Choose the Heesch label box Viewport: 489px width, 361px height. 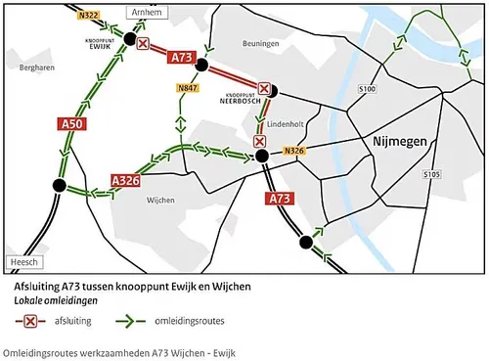pyautogui.click(x=22, y=262)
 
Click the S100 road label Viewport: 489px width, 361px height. pyautogui.click(x=367, y=89)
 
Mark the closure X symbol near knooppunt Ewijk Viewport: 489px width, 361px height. pyautogui.click(x=143, y=45)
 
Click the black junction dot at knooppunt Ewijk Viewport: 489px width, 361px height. pyautogui.click(x=128, y=38)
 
